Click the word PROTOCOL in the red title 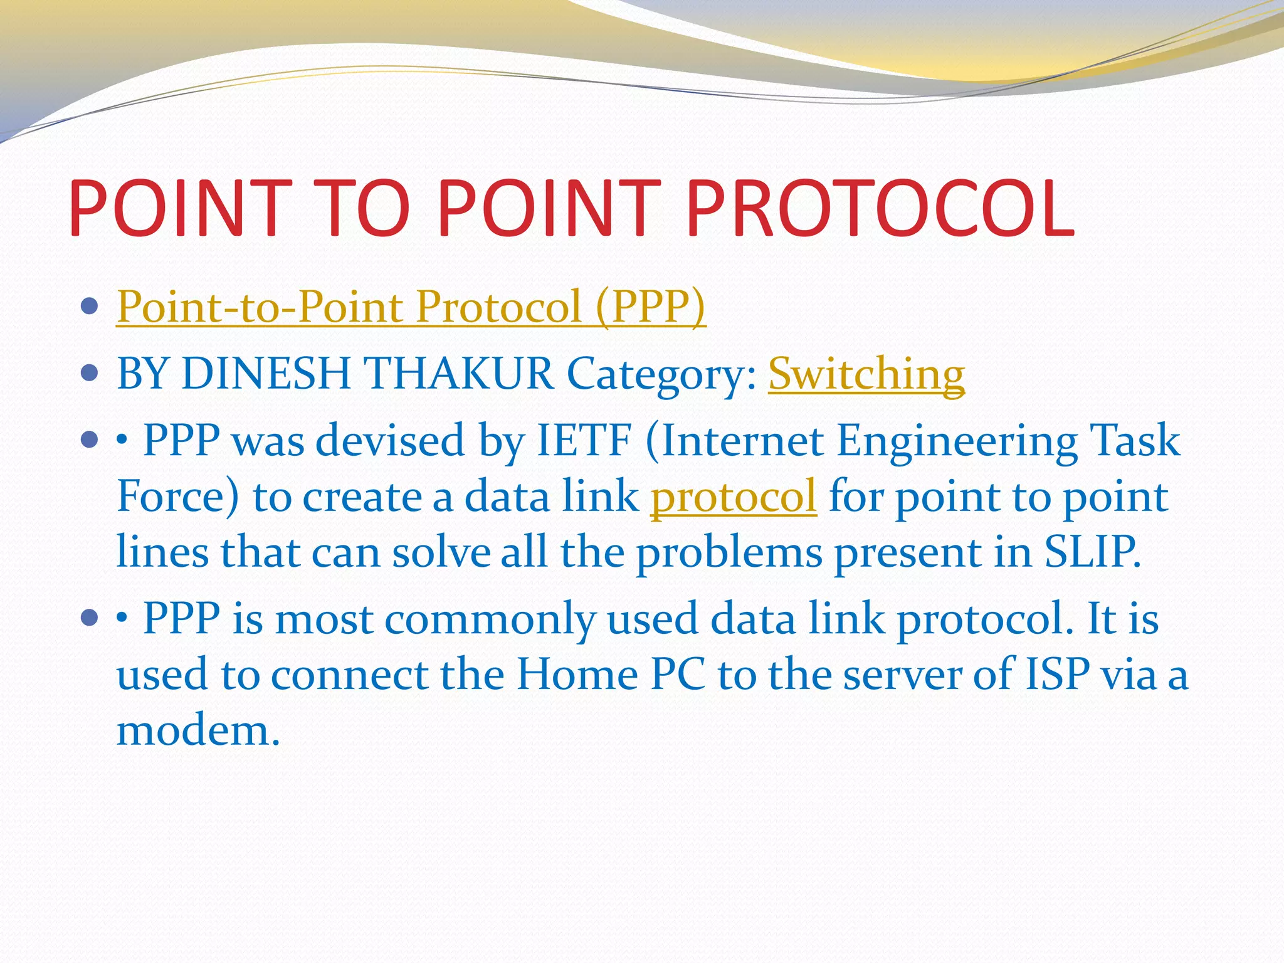[881, 208]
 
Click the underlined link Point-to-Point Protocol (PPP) [411, 307]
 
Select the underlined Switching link [866, 374]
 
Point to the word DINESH [266, 374]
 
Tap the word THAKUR [459, 374]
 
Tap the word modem [198, 731]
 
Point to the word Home [577, 675]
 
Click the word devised [390, 441]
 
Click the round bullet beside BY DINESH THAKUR [90, 374]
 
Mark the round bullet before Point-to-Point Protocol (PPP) [90, 307]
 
